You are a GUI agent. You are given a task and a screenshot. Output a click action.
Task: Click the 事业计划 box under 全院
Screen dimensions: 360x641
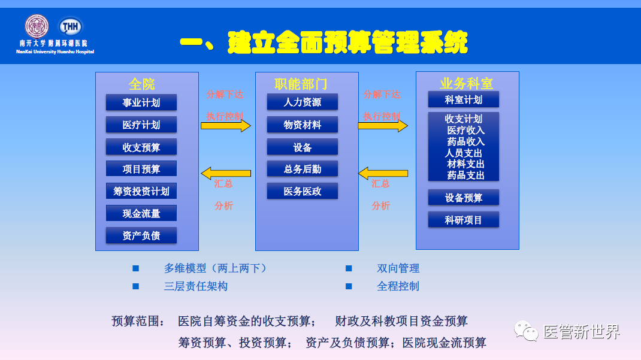click(141, 102)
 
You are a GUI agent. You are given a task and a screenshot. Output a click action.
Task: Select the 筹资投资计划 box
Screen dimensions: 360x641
click(141, 191)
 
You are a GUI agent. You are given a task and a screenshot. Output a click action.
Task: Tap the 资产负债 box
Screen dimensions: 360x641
click(141, 235)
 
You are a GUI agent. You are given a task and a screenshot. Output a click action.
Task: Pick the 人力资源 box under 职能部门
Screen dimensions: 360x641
click(303, 102)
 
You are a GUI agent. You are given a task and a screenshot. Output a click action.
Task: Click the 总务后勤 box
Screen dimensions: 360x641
click(303, 169)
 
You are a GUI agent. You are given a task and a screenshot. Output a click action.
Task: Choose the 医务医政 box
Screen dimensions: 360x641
click(303, 191)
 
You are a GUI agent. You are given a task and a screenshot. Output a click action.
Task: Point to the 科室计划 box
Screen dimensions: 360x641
click(463, 99)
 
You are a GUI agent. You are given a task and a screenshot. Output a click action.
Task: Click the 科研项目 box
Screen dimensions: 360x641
click(463, 220)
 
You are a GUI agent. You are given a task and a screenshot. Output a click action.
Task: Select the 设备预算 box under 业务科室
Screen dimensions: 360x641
click(463, 198)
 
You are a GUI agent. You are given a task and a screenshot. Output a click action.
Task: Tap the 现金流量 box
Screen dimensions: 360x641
click(141, 213)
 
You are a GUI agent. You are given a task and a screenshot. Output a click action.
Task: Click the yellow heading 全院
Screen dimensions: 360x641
click(141, 83)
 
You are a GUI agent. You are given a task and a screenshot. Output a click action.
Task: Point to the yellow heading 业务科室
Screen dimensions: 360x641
click(467, 83)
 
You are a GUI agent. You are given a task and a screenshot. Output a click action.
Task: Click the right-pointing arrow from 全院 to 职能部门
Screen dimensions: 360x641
click(225, 126)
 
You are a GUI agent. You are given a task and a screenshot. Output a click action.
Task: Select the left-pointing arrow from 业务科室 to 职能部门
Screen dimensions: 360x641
click(383, 174)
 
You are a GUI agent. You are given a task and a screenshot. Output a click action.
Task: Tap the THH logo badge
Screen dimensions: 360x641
click(70, 26)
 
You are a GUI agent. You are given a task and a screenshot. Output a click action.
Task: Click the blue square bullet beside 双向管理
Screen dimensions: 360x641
click(349, 268)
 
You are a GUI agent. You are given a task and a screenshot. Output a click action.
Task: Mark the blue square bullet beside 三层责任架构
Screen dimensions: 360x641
click(135, 286)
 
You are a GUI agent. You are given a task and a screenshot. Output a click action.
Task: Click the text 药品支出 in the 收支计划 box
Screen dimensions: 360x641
click(465, 175)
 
